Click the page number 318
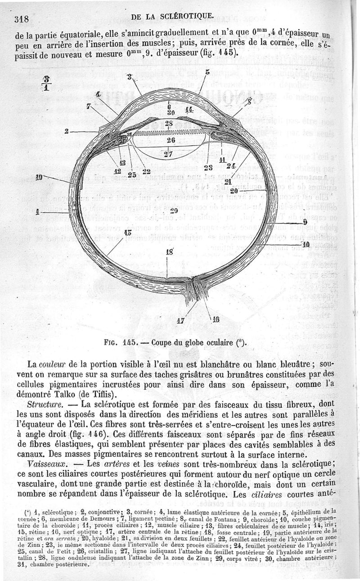(x=21, y=18)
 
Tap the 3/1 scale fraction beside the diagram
(x=45, y=83)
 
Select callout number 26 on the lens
(x=171, y=140)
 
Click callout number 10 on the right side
(x=306, y=245)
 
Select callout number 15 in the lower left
(x=127, y=232)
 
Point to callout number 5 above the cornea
(x=207, y=72)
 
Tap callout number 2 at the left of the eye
(x=66, y=131)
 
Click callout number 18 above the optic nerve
(x=170, y=252)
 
